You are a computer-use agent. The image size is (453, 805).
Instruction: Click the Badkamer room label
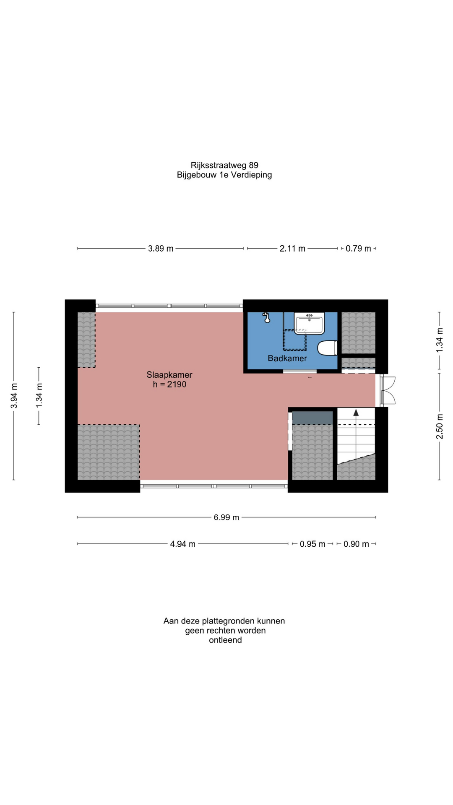click(287, 358)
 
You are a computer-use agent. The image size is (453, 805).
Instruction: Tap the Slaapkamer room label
click(169, 375)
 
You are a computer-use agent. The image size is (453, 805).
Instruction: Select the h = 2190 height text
click(169, 384)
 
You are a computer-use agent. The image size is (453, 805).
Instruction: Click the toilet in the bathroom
click(328, 348)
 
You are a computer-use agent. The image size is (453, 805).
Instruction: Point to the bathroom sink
click(310, 323)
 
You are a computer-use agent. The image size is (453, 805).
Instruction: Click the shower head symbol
click(266, 318)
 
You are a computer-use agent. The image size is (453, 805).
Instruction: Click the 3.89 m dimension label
click(161, 249)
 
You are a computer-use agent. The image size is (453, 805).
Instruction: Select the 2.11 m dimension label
click(292, 249)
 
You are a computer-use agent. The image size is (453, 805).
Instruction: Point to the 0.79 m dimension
click(358, 249)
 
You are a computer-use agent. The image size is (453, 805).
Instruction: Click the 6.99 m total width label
click(226, 517)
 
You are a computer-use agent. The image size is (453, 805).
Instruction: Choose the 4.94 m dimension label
click(182, 544)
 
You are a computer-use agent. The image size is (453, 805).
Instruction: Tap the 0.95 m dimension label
click(312, 544)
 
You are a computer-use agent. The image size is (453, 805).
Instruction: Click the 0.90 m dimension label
click(356, 544)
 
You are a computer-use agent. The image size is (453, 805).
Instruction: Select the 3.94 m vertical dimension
click(14, 396)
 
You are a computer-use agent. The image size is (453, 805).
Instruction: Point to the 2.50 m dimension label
click(440, 426)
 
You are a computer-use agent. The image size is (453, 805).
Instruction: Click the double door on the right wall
click(388, 391)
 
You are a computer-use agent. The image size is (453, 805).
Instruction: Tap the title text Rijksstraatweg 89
click(224, 165)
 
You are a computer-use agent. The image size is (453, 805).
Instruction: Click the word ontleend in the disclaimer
click(225, 640)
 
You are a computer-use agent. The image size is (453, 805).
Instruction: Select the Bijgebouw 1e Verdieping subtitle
click(224, 175)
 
